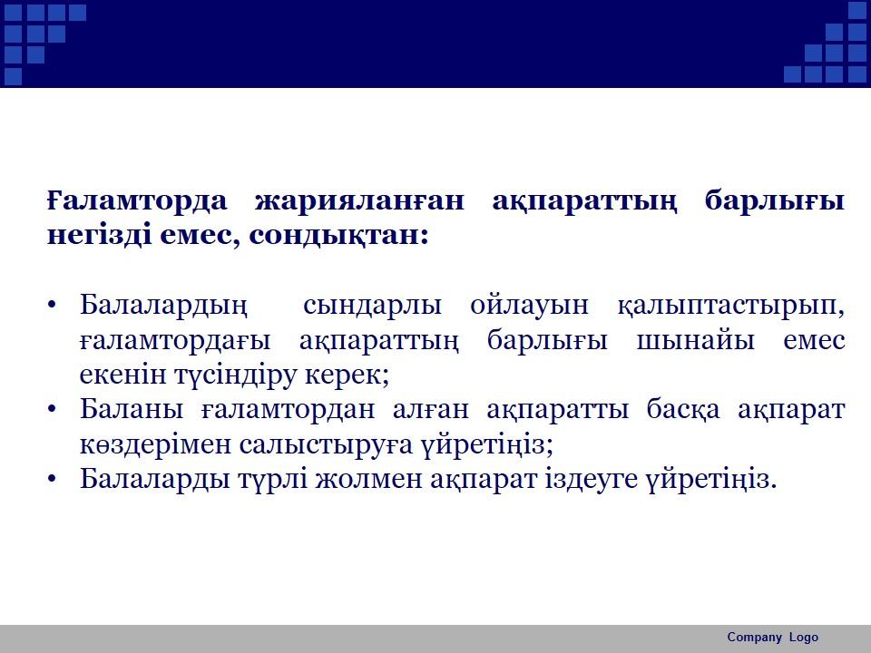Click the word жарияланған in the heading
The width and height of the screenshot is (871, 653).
(359, 202)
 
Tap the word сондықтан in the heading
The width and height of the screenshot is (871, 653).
(336, 237)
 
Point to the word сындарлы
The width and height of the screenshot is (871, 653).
(372, 306)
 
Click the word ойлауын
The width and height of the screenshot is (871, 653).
(529, 306)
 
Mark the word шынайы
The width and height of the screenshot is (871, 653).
(695, 339)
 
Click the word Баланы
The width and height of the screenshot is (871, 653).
(132, 409)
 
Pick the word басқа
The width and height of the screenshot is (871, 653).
(682, 410)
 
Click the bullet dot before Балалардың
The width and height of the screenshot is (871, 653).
(53, 306)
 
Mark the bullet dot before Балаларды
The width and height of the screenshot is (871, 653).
(53, 479)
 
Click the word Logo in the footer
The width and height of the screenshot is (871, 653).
(804, 638)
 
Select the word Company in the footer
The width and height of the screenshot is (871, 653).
(754, 638)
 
